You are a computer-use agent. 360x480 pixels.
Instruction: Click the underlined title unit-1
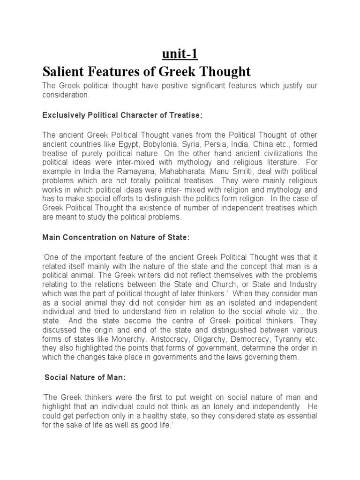(180, 54)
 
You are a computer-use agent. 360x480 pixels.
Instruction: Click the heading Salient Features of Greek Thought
(147, 72)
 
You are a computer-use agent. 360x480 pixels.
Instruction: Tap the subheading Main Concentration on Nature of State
(116, 238)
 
